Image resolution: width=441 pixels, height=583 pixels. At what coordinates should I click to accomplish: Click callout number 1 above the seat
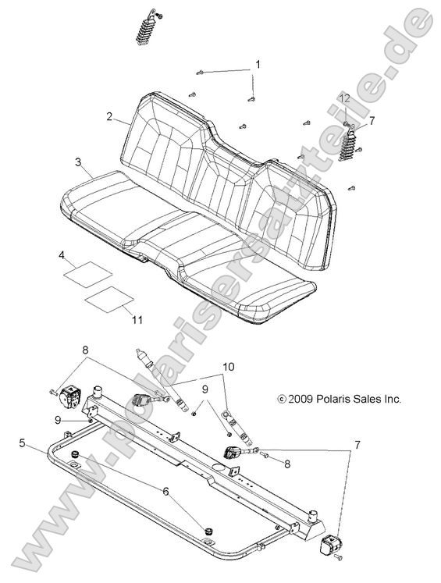258,64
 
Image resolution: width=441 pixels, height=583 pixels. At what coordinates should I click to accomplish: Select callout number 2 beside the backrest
111,118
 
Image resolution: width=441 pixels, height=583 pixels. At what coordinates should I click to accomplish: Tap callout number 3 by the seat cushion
78,162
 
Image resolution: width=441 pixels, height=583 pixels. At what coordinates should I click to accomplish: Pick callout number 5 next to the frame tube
23,443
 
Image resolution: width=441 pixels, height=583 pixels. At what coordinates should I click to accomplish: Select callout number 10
227,367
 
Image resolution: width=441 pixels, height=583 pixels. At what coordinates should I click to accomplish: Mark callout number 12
344,97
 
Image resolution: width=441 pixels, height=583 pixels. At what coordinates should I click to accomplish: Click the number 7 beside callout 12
371,120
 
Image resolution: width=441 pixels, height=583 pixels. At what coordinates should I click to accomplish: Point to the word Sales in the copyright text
365,399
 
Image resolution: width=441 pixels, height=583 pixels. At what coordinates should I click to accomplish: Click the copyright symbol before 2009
282,399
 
